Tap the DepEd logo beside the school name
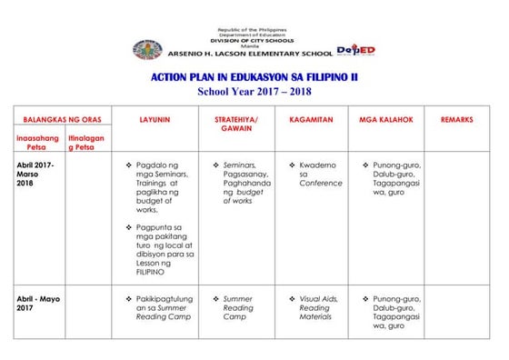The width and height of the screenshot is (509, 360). point(355,51)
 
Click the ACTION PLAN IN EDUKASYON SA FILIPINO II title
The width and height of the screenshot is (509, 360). point(254,79)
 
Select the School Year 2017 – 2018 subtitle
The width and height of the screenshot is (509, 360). point(254,92)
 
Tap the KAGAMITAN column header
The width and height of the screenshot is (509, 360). point(311,120)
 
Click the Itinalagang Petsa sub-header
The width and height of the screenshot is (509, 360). point(85,142)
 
